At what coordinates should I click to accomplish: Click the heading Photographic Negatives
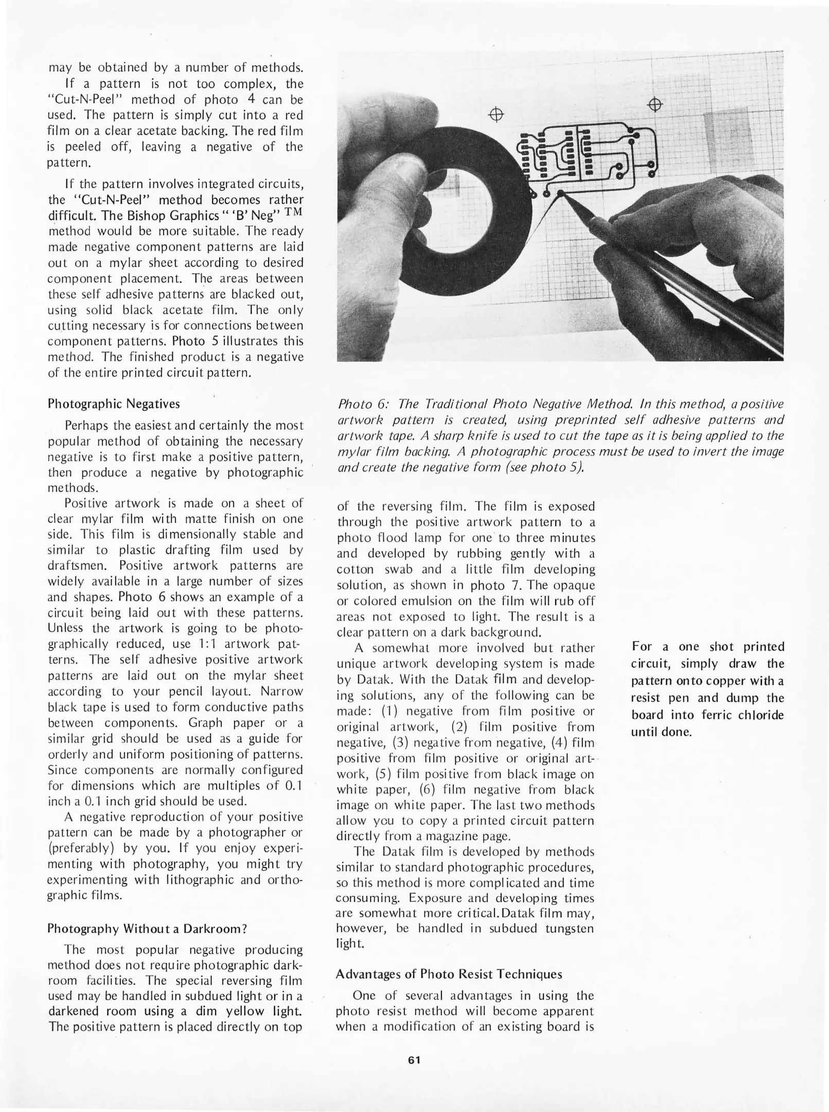[114, 404]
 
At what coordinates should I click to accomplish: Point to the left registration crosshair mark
[495, 114]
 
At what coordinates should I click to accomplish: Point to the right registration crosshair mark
[655, 105]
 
